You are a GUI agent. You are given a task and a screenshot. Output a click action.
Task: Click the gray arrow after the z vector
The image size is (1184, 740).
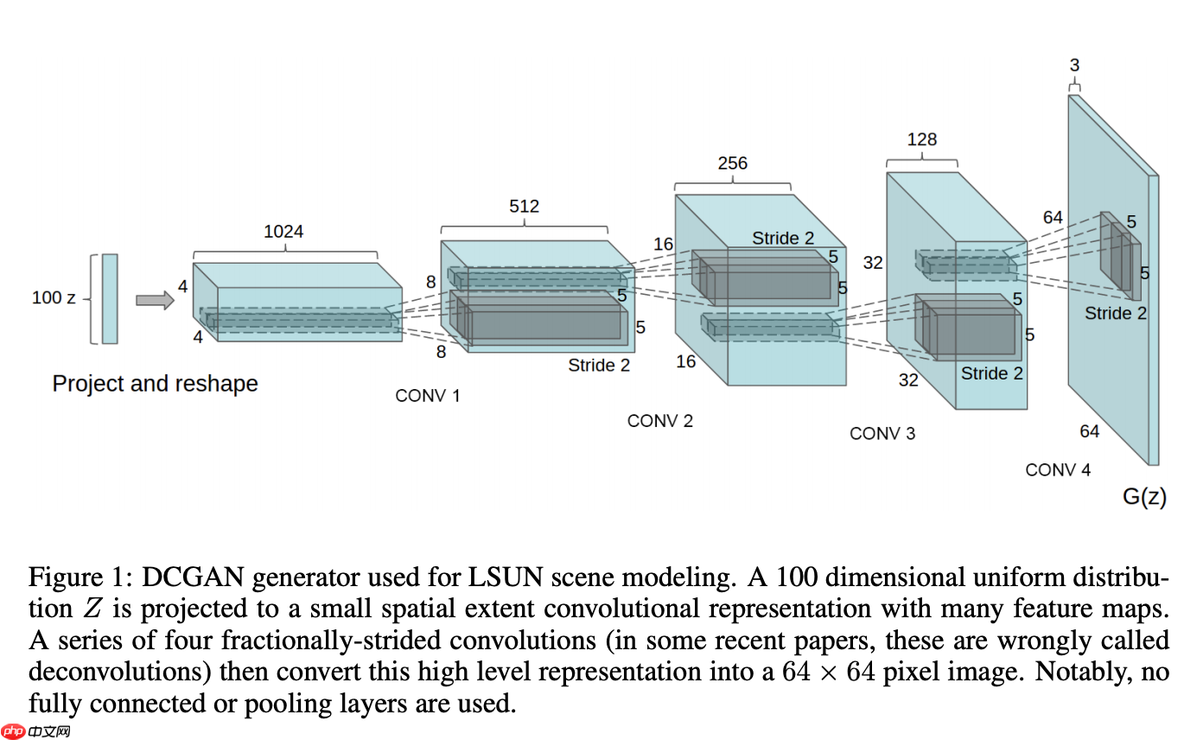(x=154, y=300)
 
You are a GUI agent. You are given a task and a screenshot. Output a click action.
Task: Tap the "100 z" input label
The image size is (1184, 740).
(x=54, y=297)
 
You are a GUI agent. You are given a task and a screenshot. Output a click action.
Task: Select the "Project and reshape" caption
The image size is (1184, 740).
(x=156, y=383)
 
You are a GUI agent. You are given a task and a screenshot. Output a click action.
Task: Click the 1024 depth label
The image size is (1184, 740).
(x=283, y=232)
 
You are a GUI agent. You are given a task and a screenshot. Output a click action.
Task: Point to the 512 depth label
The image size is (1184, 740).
(x=524, y=206)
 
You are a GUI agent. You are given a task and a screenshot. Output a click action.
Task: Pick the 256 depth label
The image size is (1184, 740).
(x=732, y=163)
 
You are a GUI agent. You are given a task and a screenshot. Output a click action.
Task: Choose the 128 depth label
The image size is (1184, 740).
(x=921, y=139)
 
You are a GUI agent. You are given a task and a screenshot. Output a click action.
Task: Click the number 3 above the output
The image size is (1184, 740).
(x=1074, y=65)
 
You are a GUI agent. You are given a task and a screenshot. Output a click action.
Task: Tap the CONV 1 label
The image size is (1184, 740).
(x=428, y=396)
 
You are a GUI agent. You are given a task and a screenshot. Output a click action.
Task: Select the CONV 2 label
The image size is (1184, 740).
(x=660, y=421)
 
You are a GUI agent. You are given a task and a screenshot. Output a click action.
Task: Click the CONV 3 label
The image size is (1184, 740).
(x=882, y=433)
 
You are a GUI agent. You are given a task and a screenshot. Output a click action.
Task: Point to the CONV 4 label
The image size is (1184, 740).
(x=1058, y=470)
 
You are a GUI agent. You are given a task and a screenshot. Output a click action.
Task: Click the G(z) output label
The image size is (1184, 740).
(x=1144, y=496)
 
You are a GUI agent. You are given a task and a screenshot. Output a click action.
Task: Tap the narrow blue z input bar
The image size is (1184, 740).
(x=110, y=298)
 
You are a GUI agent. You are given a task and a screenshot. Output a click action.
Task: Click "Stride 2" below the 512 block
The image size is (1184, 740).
(x=599, y=365)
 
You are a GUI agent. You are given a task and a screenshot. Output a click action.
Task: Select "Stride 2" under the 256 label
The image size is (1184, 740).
(x=783, y=239)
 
